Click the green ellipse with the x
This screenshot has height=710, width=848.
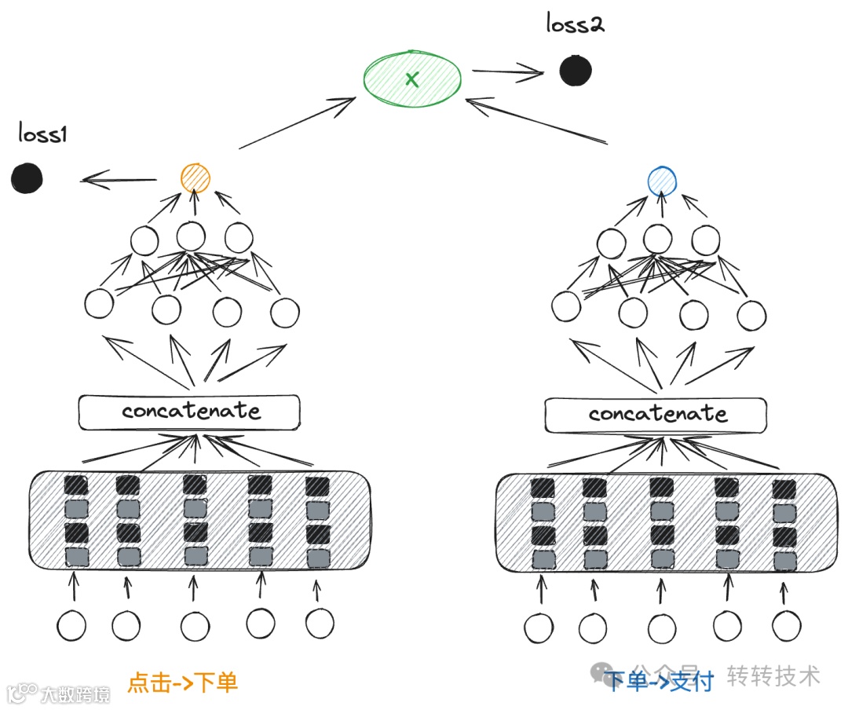tap(412, 78)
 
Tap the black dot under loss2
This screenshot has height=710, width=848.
tap(576, 71)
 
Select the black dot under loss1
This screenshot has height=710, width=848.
tap(27, 178)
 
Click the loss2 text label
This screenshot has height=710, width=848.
tap(576, 24)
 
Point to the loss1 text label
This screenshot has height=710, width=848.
tap(43, 134)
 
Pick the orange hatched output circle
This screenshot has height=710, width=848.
tap(195, 178)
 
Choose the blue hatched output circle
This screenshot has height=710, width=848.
tap(662, 181)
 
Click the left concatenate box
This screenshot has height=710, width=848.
tap(189, 412)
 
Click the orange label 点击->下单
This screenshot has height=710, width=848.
tap(182, 682)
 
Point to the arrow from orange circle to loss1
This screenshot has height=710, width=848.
tap(119, 181)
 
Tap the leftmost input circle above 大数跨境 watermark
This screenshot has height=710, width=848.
tap(71, 626)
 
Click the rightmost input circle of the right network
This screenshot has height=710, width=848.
tap(786, 626)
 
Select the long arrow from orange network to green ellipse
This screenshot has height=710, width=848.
tap(298, 123)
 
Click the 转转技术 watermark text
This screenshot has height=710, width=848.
tap(773, 675)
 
